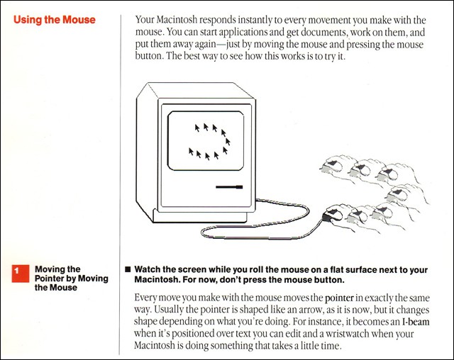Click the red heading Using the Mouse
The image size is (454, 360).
click(x=55, y=20)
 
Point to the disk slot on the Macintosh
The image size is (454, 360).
click(x=228, y=188)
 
